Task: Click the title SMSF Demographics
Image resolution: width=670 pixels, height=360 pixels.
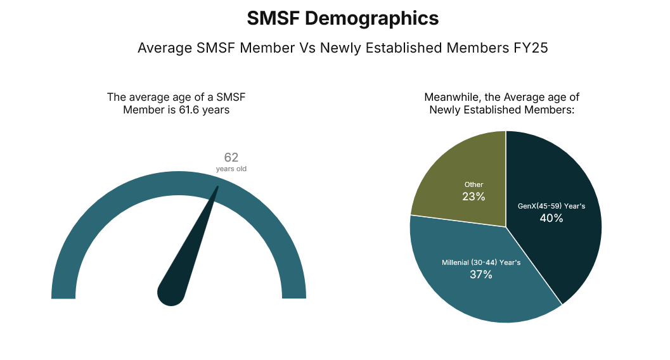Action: pos(342,19)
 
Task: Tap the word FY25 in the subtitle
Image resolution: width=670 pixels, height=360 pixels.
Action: pos(531,48)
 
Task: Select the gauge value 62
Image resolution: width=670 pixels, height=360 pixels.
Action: pos(231,158)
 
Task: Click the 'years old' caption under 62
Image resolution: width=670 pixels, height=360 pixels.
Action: pos(231,169)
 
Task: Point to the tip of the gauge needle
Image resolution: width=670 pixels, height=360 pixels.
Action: pos(218,187)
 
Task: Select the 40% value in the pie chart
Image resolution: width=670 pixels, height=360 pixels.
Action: pos(551,218)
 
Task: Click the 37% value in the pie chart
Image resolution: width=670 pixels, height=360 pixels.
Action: pos(481,274)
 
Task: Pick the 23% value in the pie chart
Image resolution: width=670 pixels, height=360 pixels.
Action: pos(474,196)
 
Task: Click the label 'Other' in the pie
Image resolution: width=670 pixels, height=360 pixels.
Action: pos(474,185)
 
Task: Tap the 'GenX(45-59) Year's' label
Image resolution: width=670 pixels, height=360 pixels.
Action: pos(551,206)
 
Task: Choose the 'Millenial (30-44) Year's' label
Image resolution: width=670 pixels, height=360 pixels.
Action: pos(481,262)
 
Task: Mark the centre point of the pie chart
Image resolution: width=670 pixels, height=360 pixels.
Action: pos(506,227)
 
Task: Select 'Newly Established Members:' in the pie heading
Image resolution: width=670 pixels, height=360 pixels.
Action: pos(501,110)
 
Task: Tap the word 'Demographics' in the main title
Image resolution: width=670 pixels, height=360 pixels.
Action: pos(371,19)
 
